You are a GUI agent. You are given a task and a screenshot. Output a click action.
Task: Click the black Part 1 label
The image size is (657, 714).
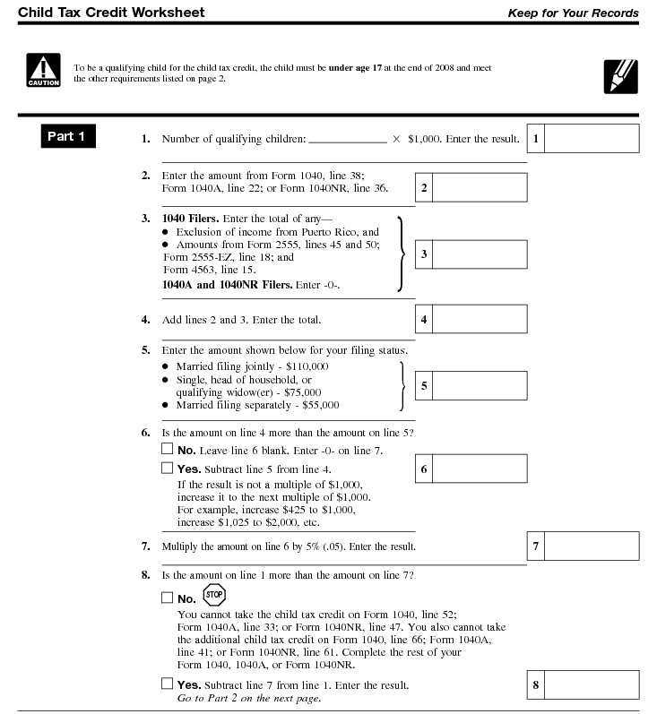click(x=67, y=136)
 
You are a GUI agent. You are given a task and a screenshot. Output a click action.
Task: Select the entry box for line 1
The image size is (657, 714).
click(x=592, y=139)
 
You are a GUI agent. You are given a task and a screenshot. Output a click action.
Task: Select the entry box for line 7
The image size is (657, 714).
click(x=592, y=546)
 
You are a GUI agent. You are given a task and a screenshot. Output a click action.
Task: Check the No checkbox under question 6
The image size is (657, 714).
click(x=167, y=450)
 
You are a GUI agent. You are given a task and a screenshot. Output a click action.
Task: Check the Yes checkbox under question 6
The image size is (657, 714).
click(x=167, y=468)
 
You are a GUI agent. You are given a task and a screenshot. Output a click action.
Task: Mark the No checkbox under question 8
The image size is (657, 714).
click(x=167, y=598)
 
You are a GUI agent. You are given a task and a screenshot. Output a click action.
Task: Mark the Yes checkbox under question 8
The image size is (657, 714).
click(x=167, y=684)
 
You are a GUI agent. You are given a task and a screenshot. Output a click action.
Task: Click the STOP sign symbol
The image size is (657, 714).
click(x=213, y=594)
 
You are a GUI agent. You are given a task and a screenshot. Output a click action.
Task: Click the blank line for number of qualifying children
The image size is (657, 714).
click(x=347, y=140)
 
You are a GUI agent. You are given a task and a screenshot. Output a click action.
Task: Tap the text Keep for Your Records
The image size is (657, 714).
click(x=573, y=13)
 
